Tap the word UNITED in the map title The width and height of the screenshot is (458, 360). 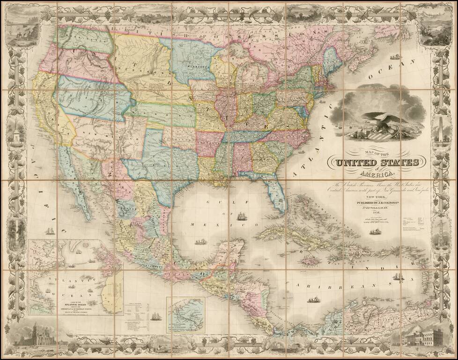(355, 163)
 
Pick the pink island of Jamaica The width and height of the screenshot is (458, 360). (310, 259)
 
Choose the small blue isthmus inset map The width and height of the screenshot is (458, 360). (186, 314)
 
